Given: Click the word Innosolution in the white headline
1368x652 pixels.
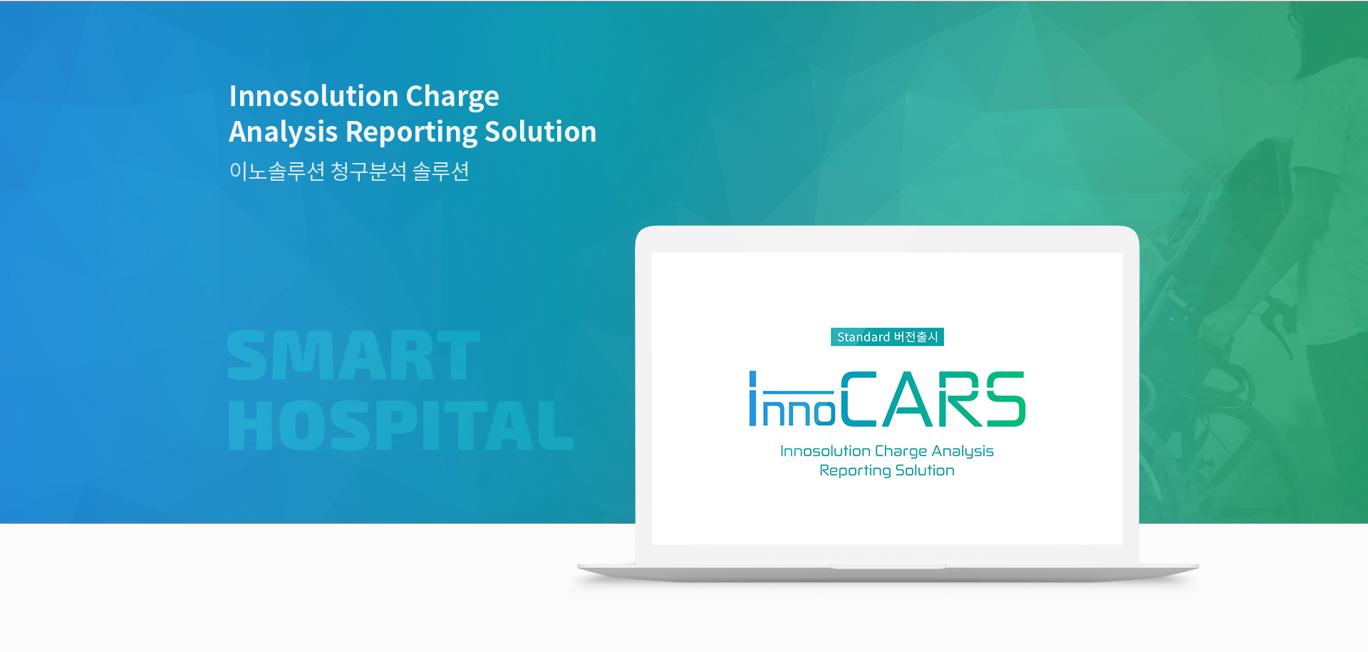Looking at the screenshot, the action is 313,96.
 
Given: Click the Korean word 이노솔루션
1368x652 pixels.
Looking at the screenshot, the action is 277,172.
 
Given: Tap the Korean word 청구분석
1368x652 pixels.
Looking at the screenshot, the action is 368,172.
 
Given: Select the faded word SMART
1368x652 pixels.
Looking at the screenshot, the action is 353,355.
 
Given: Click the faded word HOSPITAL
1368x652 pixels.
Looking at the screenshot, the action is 400,425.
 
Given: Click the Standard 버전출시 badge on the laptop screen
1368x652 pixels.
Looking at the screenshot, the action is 887,337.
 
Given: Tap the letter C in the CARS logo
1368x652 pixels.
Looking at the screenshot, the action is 859,399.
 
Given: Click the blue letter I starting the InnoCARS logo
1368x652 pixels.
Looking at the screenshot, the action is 752,399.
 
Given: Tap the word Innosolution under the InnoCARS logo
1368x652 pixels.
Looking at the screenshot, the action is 825,451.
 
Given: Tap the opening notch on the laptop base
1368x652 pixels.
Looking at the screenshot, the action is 888,567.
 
